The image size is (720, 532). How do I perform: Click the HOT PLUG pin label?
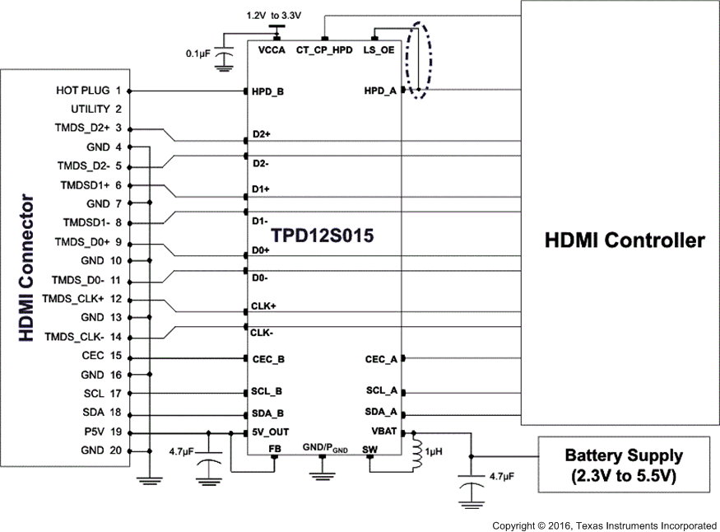pos(83,90)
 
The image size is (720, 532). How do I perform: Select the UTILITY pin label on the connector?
pos(91,109)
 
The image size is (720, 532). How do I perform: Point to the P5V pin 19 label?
pos(93,432)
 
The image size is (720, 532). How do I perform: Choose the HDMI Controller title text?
pos(625,240)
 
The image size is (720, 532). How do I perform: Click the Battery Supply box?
pos(623,464)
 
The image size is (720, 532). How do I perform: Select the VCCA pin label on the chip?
pos(272,50)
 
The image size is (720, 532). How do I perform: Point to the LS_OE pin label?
pos(379,50)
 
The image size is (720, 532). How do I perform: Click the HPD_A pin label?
pos(381,91)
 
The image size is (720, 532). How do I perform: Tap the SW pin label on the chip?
pos(369,448)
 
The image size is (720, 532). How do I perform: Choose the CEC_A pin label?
pos(381,359)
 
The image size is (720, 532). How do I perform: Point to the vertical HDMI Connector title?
pos(26,268)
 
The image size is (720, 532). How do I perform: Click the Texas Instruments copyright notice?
pos(604,525)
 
